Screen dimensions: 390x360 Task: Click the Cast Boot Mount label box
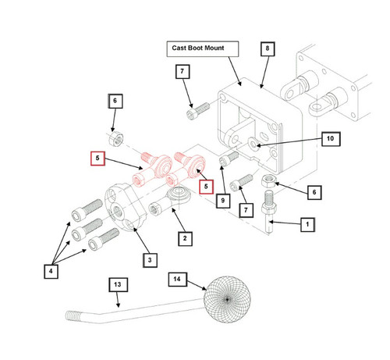tap(203, 49)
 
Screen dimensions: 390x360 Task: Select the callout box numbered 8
tap(268, 48)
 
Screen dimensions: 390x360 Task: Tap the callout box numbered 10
tap(331, 139)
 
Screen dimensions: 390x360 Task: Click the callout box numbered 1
tap(307, 224)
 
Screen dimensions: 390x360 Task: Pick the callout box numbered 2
tap(185, 238)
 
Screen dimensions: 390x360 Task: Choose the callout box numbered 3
tap(150, 260)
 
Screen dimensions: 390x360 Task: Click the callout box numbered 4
tap(51, 271)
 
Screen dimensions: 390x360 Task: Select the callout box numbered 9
tap(223, 201)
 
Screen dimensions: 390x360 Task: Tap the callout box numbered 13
tap(118, 284)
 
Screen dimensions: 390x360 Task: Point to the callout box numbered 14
tap(177, 280)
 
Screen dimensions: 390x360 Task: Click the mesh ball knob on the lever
tap(227, 300)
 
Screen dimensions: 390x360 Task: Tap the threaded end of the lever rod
tap(73, 315)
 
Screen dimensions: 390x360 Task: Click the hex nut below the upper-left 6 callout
tap(116, 138)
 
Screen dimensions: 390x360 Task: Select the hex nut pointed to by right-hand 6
tap(269, 180)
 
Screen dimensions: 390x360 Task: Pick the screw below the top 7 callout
tap(198, 111)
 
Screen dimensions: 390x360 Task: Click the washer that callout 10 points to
tap(253, 143)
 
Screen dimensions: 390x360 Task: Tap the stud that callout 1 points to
tap(269, 212)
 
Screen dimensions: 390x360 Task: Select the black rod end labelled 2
tap(170, 201)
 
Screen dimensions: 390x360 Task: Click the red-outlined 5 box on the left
tap(97, 159)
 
